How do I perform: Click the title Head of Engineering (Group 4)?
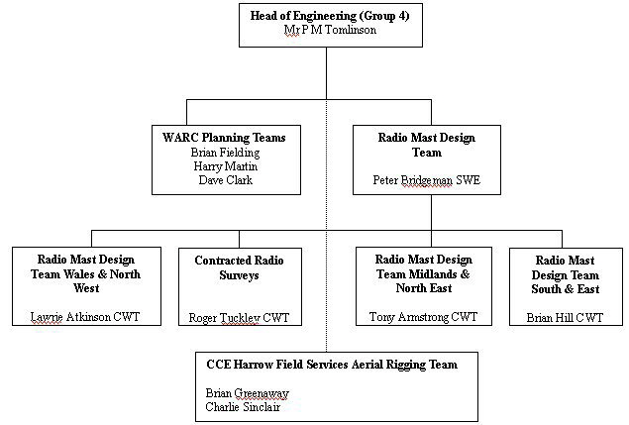coord(327,14)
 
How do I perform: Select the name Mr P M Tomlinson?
coord(327,29)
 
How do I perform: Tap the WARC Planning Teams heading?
coord(223,138)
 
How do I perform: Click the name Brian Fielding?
coord(223,153)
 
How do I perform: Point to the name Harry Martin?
coord(223,166)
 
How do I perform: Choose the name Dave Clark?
coord(223,180)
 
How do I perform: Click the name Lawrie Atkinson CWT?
coord(84,317)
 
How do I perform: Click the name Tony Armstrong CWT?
coord(423,317)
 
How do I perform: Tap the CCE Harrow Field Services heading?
coord(331,365)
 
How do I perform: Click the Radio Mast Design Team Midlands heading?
coord(423,273)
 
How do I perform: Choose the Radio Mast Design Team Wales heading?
coord(84,273)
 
